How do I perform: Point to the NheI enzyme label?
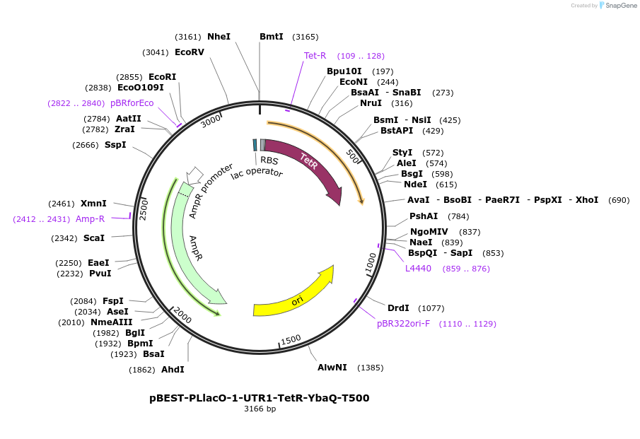[x=219, y=37]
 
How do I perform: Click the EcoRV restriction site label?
[x=189, y=52]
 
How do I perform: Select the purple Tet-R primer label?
[x=315, y=56]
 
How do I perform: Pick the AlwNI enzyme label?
[x=332, y=368]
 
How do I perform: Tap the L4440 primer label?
[x=418, y=269]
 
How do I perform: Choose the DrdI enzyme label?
[x=398, y=308]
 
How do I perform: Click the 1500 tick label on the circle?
[x=291, y=341]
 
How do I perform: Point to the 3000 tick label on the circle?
[x=211, y=121]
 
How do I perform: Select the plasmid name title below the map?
[x=259, y=398]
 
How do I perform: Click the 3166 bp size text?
[x=260, y=409]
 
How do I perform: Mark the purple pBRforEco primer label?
[x=132, y=103]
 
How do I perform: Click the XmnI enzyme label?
[x=93, y=204]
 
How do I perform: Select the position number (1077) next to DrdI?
[x=431, y=308]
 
